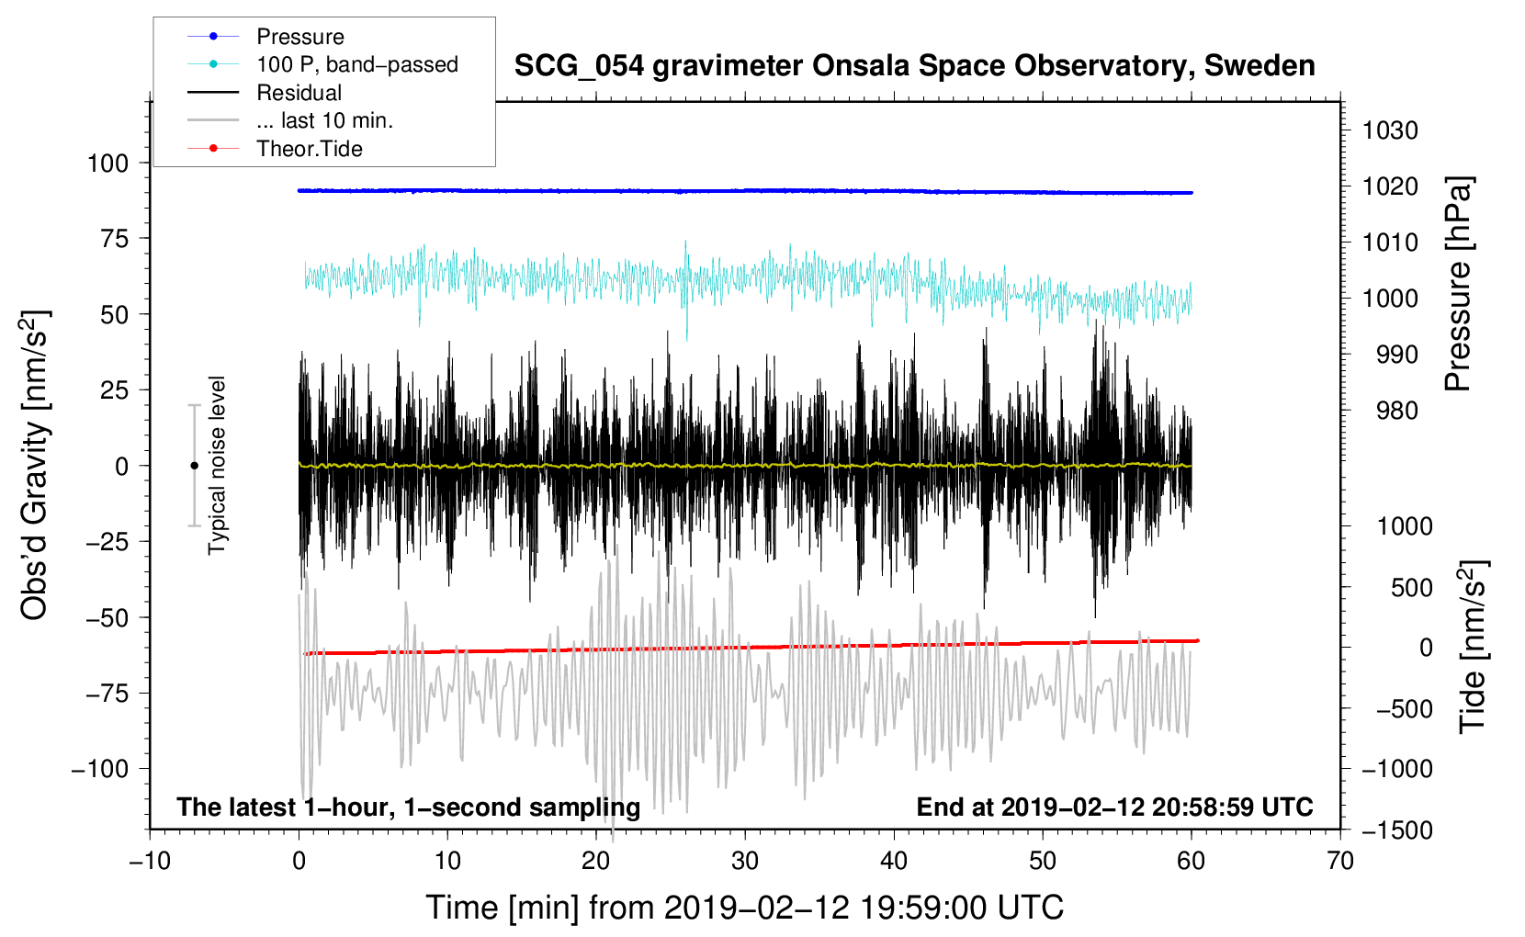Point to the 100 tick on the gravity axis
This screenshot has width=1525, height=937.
click(107, 164)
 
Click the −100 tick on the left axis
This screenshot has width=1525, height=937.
click(100, 769)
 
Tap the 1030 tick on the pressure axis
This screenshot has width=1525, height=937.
click(1390, 130)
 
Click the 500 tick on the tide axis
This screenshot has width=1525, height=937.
click(1411, 587)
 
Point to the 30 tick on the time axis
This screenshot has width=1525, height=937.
click(745, 861)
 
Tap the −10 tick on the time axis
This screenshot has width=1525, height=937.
click(150, 861)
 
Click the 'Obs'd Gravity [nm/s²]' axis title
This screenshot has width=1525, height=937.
click(35, 465)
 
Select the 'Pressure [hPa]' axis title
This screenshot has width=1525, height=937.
click(1458, 284)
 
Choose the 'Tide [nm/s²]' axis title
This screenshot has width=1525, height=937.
click(1474, 647)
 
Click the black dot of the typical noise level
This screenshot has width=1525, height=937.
click(194, 466)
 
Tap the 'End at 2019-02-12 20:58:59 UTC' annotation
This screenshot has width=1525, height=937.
click(1114, 807)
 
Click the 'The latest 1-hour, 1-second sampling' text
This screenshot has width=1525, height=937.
click(409, 807)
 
